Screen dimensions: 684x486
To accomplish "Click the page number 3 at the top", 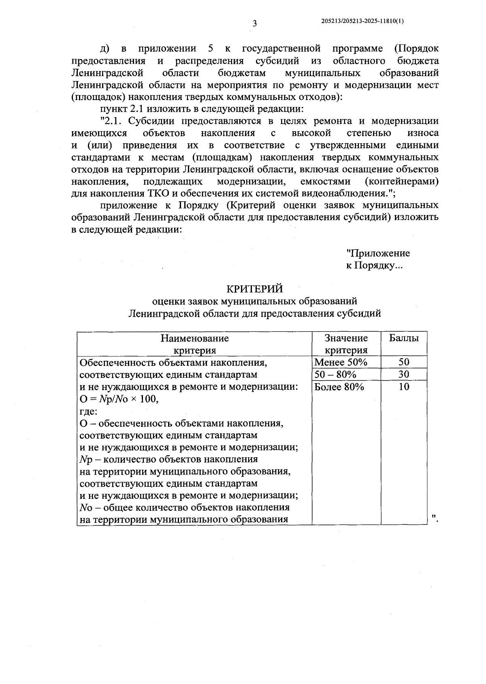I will (254, 23).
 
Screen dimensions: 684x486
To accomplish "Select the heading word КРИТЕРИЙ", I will (254, 289).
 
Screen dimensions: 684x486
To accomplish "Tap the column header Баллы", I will (404, 338).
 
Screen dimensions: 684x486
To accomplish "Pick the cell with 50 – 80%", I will (335, 374).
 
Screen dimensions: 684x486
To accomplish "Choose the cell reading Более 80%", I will (339, 387).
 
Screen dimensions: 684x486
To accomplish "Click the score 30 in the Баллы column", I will (404, 374).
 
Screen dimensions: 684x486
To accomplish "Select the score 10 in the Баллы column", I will (404, 387).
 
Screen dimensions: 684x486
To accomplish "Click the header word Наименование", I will (195, 338).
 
